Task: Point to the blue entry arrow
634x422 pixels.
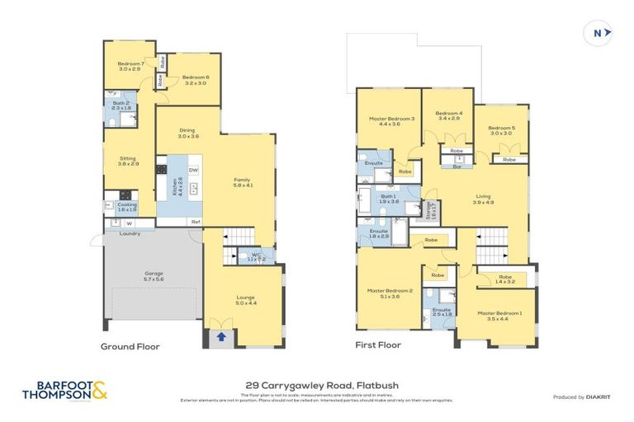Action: (x=221, y=336)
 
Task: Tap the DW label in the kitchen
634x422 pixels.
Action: (x=192, y=171)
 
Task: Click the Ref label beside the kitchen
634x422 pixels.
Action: (x=196, y=222)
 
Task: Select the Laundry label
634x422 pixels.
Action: (x=130, y=233)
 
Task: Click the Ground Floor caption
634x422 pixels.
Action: (x=130, y=347)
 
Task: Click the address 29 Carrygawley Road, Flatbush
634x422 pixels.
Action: (x=317, y=384)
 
